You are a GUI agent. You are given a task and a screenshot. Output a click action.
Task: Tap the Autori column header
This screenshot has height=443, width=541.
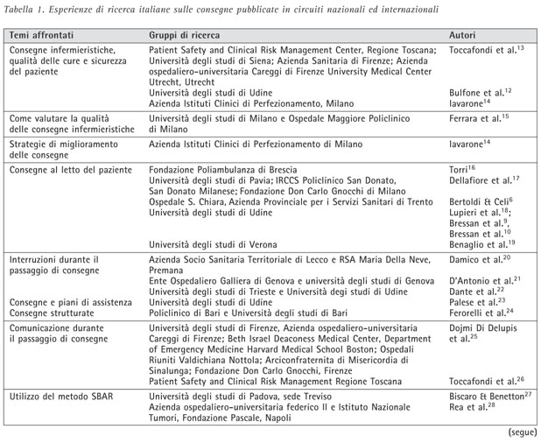pyautogui.click(x=463, y=36)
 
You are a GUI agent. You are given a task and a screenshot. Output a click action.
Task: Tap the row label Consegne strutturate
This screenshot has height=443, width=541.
pyautogui.click(x=53, y=312)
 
